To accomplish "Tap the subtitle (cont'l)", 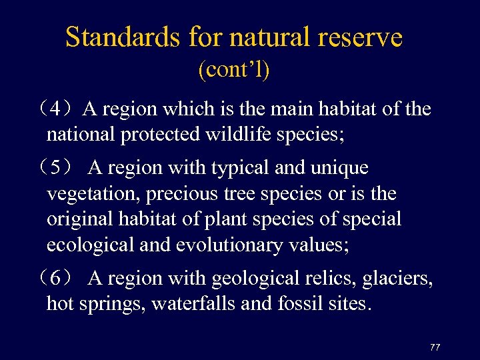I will click(x=234, y=70).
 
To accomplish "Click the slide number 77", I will click(x=435, y=347).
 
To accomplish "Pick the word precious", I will click(x=185, y=194).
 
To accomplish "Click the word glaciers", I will click(x=397, y=278).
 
